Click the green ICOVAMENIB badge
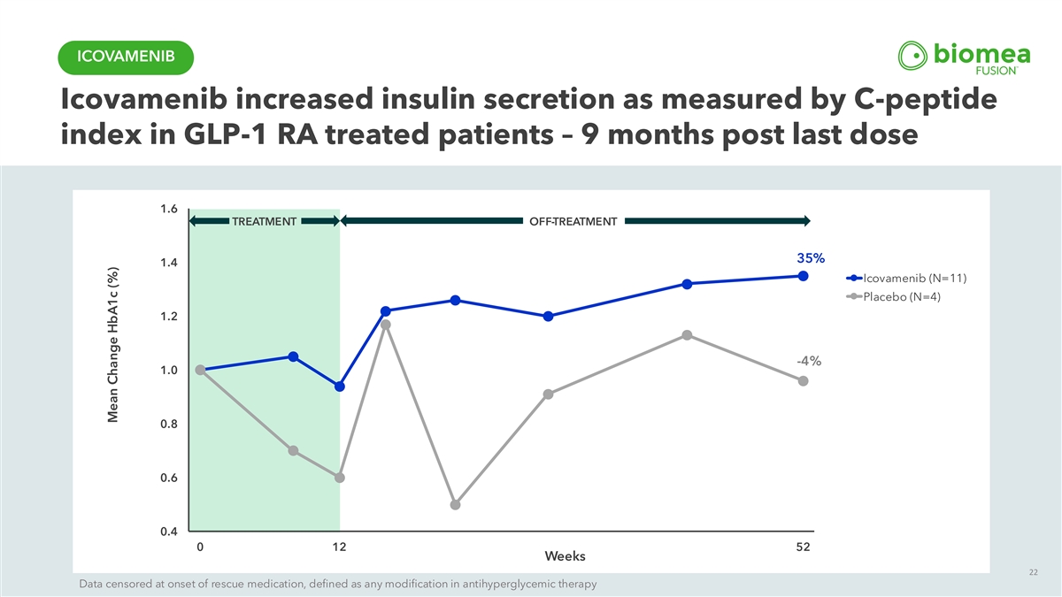(124, 57)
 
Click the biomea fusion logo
(963, 57)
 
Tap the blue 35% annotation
(811, 258)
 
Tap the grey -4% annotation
(808, 361)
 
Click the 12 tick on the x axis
(339, 547)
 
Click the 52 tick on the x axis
(803, 547)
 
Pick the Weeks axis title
(565, 556)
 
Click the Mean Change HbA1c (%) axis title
(113, 347)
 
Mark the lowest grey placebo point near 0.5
(455, 505)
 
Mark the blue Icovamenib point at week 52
(803, 276)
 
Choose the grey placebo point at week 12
(339, 478)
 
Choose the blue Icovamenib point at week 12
(339, 387)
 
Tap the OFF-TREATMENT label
(573, 221)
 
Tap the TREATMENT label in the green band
(264, 221)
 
